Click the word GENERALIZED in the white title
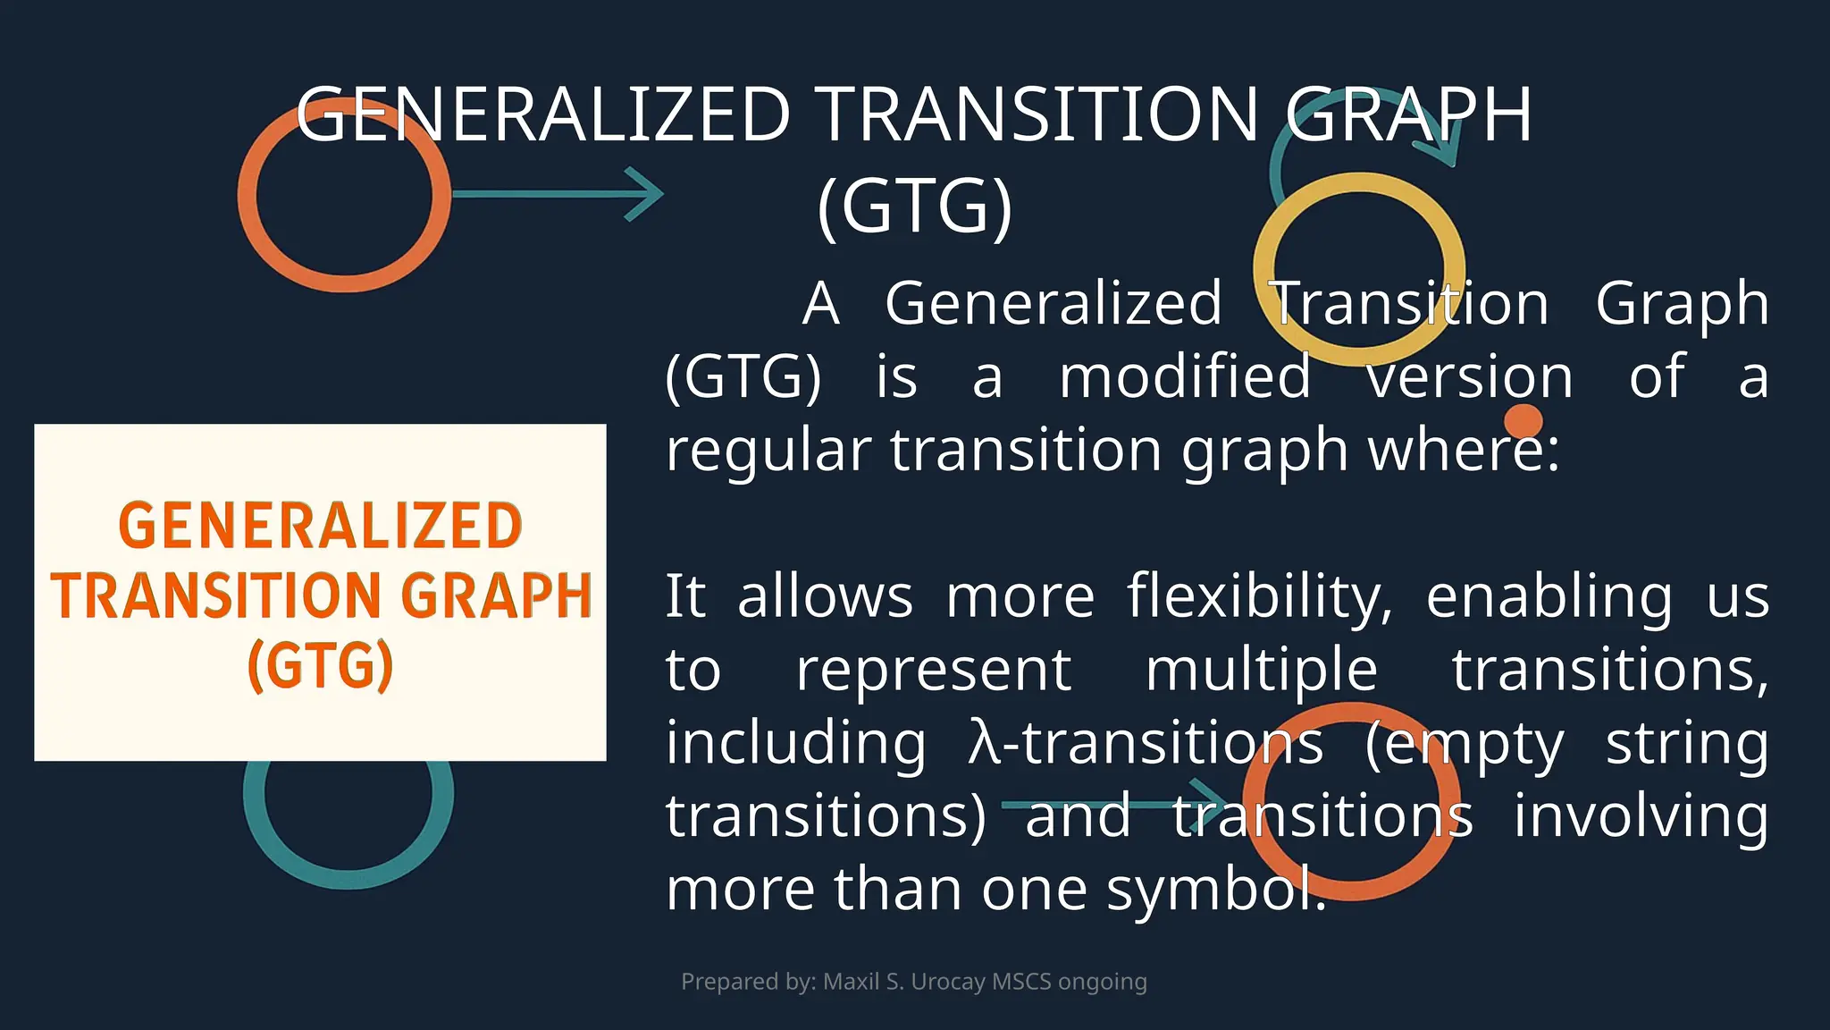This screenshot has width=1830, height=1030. (542, 114)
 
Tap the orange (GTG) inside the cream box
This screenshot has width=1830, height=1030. (320, 665)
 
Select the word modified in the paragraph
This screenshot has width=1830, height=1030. (1185, 376)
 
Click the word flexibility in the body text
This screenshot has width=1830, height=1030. (1258, 596)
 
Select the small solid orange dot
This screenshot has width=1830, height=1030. (1523, 421)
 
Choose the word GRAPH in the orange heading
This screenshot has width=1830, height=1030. (496, 595)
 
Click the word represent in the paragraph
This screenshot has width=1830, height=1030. (933, 670)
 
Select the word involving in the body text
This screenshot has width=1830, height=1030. (1641, 816)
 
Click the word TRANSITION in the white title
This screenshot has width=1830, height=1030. (1038, 114)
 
